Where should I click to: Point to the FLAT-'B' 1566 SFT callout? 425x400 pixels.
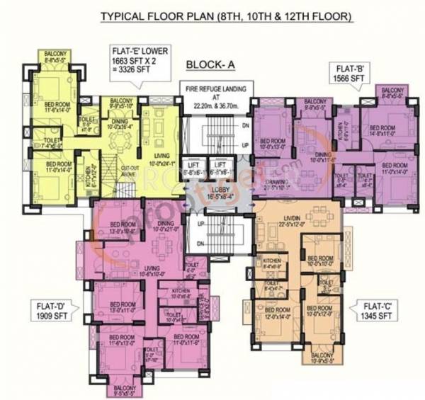click(345, 72)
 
